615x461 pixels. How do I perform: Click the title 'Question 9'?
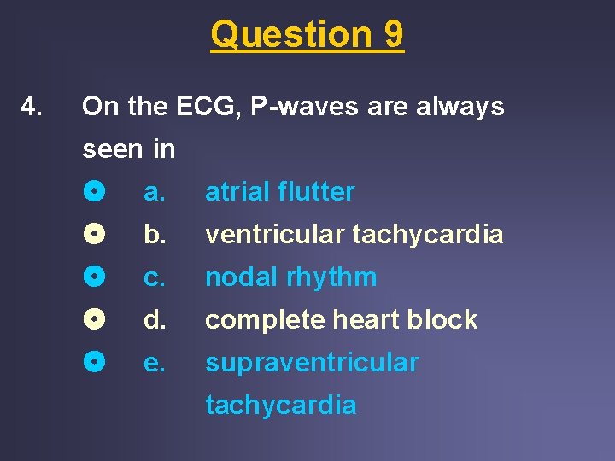click(307, 35)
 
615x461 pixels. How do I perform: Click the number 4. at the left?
click(32, 108)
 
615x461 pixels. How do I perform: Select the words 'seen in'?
click(128, 149)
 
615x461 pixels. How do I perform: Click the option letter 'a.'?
click(154, 193)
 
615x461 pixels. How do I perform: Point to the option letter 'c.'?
click(154, 278)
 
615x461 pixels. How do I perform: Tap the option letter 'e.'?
click(154, 364)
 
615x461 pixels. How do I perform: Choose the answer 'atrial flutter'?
click(279, 192)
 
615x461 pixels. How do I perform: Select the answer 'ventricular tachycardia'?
click(354, 235)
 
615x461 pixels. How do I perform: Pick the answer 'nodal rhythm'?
click(290, 277)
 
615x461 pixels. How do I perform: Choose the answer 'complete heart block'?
click(341, 320)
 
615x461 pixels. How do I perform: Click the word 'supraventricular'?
click(312, 363)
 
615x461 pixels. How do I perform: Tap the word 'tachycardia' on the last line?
click(280, 405)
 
